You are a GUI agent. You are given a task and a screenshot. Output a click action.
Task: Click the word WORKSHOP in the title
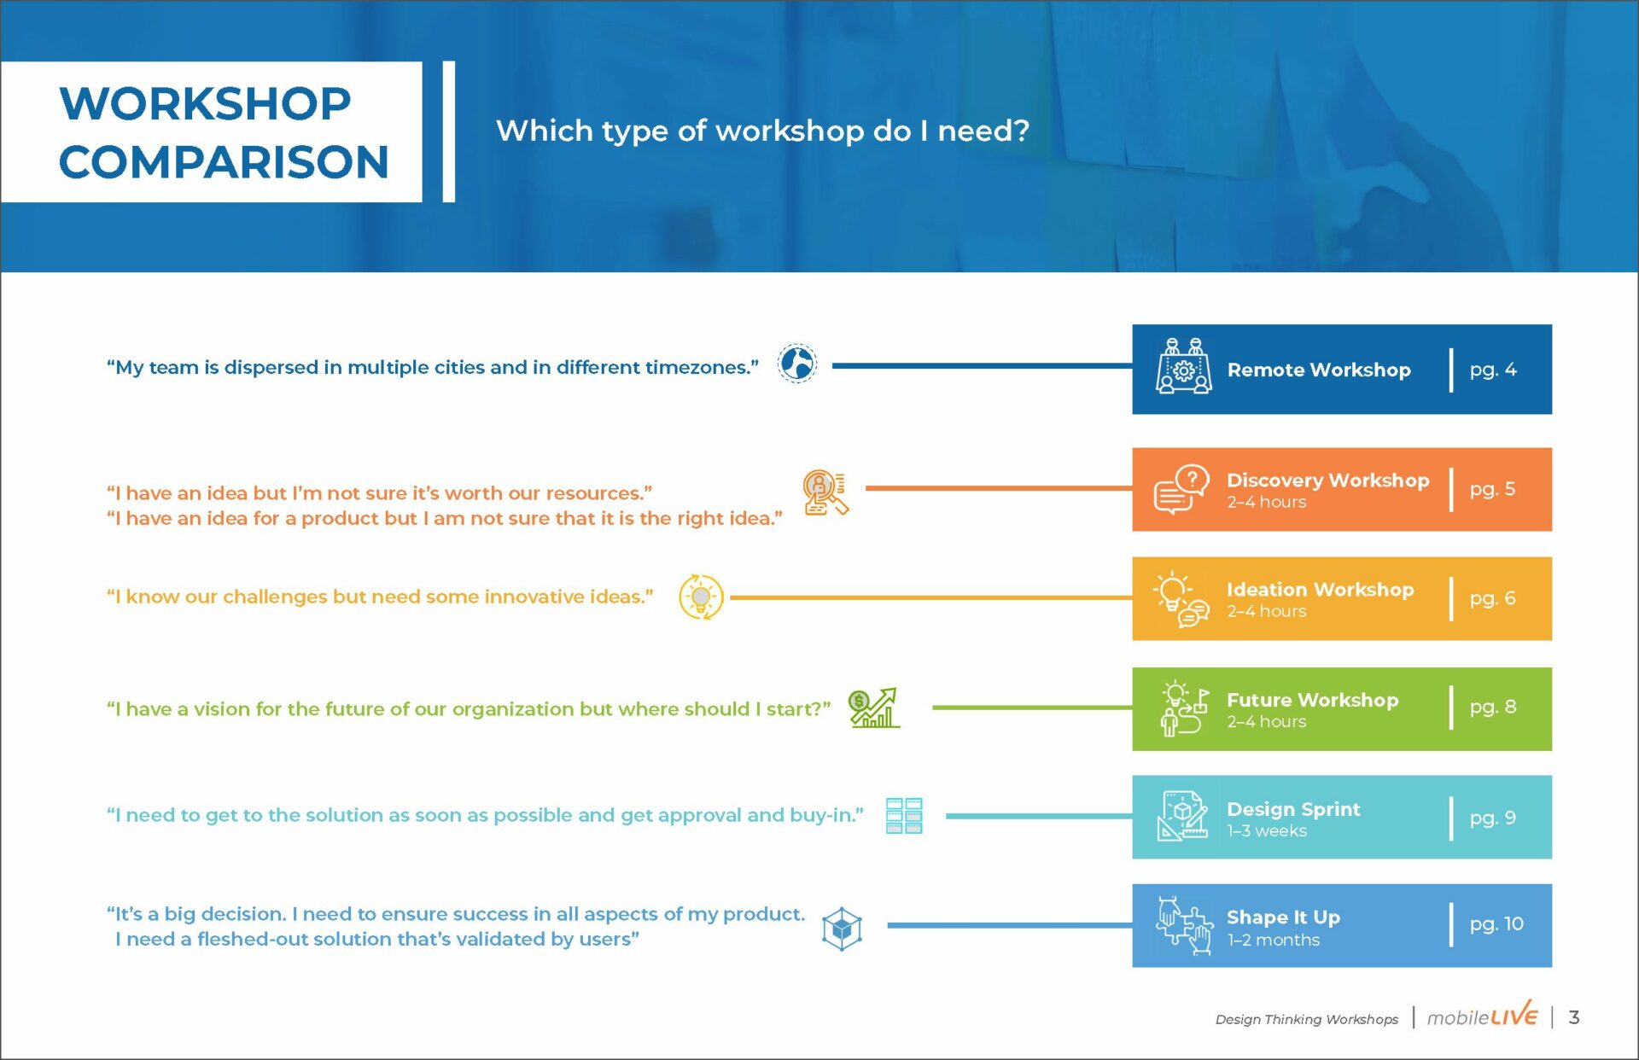205,104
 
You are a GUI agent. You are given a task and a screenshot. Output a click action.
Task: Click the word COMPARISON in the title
224,162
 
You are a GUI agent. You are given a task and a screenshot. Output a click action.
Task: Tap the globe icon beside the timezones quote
797,364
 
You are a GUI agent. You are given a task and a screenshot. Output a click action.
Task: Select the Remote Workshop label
1319,370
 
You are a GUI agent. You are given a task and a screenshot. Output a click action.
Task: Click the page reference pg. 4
1493,370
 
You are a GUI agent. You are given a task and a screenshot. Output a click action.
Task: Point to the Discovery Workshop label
1328,480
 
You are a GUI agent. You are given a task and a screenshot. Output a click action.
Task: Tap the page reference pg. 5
1493,489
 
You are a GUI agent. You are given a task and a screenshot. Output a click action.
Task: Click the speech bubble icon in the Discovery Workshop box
1181,489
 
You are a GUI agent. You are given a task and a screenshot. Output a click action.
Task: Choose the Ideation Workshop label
1321,590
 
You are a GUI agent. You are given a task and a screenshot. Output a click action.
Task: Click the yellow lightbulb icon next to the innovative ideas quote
701,597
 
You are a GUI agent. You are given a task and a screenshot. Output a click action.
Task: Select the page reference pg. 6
1493,598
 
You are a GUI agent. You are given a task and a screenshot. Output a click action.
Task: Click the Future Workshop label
1313,700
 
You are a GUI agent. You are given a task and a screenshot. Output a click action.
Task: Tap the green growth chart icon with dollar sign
874,708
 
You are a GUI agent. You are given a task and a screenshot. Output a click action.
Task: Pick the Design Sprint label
1294,809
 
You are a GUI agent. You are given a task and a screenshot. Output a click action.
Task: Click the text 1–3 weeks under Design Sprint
1267,831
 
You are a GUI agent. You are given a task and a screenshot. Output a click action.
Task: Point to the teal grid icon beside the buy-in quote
904,816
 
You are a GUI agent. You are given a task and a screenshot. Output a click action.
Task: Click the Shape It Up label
1284,917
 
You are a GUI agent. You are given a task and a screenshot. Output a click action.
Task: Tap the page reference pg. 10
1496,924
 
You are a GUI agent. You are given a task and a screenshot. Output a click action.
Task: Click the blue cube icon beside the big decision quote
842,929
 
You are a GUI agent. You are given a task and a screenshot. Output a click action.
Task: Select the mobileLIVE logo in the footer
1483,1016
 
